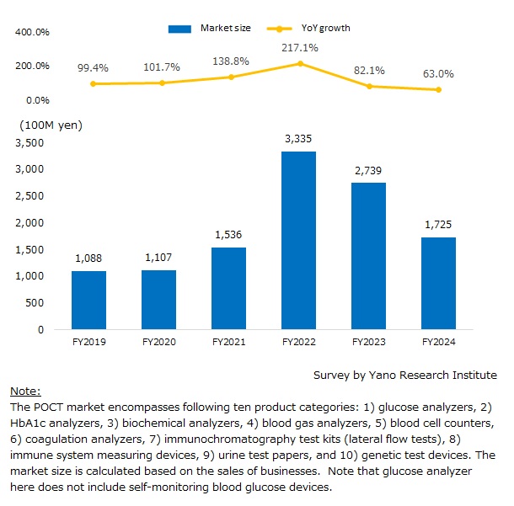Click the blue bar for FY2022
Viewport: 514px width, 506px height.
(x=298, y=240)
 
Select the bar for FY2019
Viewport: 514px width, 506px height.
(x=88, y=300)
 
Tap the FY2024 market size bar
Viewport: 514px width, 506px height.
(x=438, y=283)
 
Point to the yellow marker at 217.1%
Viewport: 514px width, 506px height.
(x=300, y=63)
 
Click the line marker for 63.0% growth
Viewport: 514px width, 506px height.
(x=439, y=89)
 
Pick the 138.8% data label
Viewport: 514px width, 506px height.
(x=231, y=61)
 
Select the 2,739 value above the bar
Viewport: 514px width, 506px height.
(x=368, y=171)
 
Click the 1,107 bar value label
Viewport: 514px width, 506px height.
(x=158, y=258)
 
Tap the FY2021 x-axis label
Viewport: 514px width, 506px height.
(x=229, y=342)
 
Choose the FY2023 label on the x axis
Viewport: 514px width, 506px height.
(x=369, y=342)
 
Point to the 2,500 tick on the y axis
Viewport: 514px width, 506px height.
(x=29, y=196)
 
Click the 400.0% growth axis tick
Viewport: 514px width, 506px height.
(x=32, y=32)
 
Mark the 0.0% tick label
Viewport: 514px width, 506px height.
(x=38, y=100)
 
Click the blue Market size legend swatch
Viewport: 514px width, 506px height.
(x=179, y=29)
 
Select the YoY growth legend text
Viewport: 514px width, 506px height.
(x=326, y=28)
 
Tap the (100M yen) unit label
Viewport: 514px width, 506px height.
(x=51, y=125)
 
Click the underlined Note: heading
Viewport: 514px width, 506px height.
(x=25, y=391)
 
